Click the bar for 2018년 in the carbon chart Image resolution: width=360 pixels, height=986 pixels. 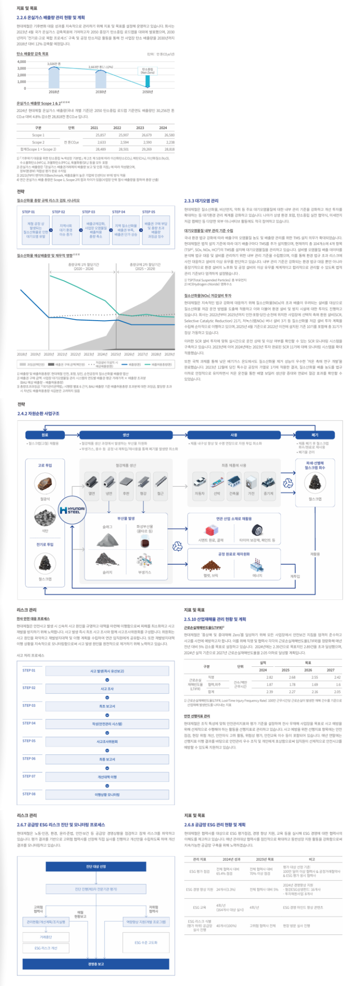coord(54,77)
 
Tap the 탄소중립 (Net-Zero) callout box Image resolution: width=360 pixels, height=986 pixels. coord(148,71)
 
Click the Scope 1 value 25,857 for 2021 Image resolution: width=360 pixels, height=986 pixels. coord(101,135)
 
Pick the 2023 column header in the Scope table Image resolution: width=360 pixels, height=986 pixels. coord(140,128)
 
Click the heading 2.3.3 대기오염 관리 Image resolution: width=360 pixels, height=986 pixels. coord(201,201)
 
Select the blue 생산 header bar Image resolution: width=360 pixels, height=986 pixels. coord(126,435)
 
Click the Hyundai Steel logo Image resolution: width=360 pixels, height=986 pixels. coord(72,510)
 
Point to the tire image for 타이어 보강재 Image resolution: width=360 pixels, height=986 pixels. coord(260,531)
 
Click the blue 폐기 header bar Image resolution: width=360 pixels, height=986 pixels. coord(315,435)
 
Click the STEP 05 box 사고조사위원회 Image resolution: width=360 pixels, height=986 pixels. coord(107,741)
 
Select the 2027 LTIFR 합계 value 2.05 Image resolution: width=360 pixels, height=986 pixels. coord(337,692)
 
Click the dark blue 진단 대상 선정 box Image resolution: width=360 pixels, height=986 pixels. coord(96,867)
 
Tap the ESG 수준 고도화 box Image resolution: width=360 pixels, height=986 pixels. coord(145,943)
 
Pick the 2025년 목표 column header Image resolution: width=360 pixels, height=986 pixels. coord(265,859)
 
